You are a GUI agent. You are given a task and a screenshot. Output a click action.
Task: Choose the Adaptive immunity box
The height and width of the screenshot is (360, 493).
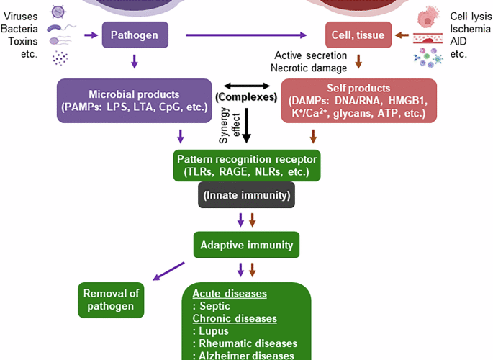click(245, 246)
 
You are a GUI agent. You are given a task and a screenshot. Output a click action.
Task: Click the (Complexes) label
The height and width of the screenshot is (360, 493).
click(245, 96)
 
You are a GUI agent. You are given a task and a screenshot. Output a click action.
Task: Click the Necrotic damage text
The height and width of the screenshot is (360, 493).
click(310, 68)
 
